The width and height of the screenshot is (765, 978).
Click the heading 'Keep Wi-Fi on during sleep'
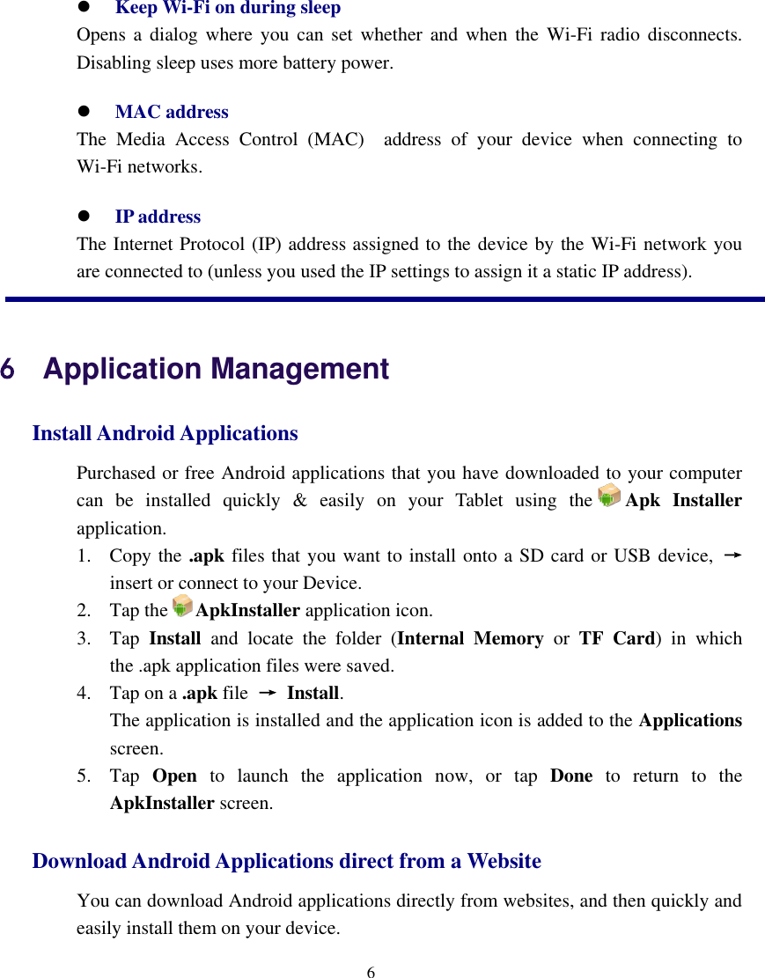(x=227, y=9)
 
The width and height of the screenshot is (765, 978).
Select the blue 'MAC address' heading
(x=172, y=112)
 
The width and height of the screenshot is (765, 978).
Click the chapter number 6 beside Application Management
(x=8, y=369)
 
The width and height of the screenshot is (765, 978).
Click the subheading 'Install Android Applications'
(x=165, y=433)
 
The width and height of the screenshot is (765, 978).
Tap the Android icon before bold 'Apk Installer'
(x=608, y=496)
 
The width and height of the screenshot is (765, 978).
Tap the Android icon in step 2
(x=182, y=606)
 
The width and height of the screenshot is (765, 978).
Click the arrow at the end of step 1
(x=731, y=555)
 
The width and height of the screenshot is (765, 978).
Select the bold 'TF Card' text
(x=616, y=638)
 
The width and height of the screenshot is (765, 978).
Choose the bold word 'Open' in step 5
(x=174, y=776)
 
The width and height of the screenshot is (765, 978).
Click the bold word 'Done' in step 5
(x=570, y=776)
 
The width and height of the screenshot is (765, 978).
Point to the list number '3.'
(x=84, y=638)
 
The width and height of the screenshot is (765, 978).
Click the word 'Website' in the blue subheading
(x=504, y=861)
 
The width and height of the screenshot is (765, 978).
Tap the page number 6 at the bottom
(x=371, y=972)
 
